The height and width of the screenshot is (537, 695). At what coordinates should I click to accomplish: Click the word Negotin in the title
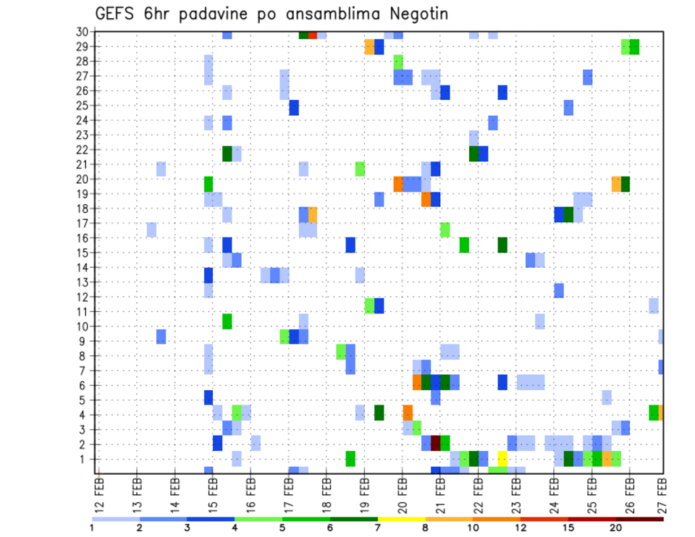413,14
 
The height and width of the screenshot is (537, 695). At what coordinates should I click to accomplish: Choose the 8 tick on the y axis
84,355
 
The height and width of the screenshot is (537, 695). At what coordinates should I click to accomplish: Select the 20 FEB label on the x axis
403,491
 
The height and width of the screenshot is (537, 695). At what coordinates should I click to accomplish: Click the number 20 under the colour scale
616,528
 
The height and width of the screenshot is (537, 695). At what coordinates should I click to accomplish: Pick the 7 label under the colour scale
378,528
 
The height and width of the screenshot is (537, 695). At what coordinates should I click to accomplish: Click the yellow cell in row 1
502,458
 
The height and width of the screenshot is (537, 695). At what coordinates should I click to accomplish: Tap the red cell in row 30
312,35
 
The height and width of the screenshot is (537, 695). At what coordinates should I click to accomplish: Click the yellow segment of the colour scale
401,519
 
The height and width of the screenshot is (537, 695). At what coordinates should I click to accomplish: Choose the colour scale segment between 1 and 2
116,519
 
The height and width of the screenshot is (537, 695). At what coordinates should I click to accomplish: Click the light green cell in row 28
398,62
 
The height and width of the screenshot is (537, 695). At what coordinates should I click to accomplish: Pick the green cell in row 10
227,321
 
